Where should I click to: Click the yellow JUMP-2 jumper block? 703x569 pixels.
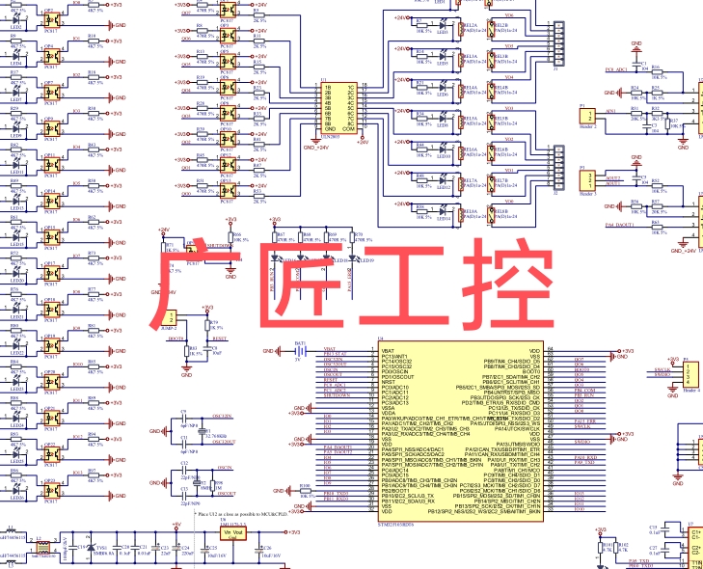coord(171,319)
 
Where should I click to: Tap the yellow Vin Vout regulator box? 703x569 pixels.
coord(234,533)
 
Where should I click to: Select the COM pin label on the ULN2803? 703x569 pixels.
coord(351,128)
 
